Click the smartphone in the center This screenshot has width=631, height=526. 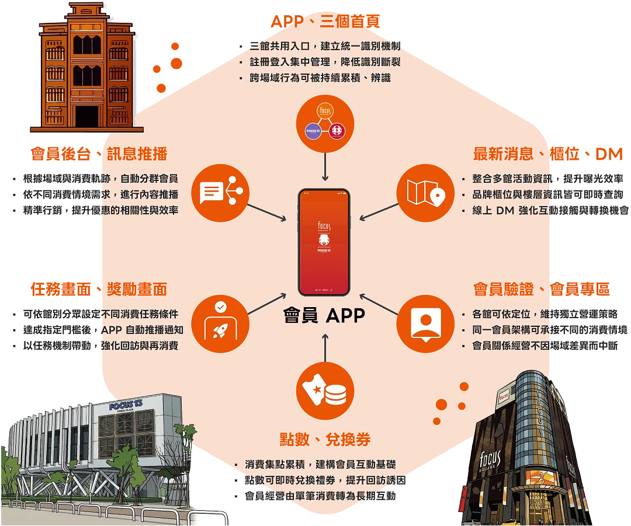pos(324,242)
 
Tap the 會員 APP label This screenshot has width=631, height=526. pos(324,316)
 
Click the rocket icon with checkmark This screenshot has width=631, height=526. pos(220,321)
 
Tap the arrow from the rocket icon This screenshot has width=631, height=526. pos(268,304)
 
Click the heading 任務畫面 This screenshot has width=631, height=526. pos(63,288)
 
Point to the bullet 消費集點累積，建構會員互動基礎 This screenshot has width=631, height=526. pos(321,465)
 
